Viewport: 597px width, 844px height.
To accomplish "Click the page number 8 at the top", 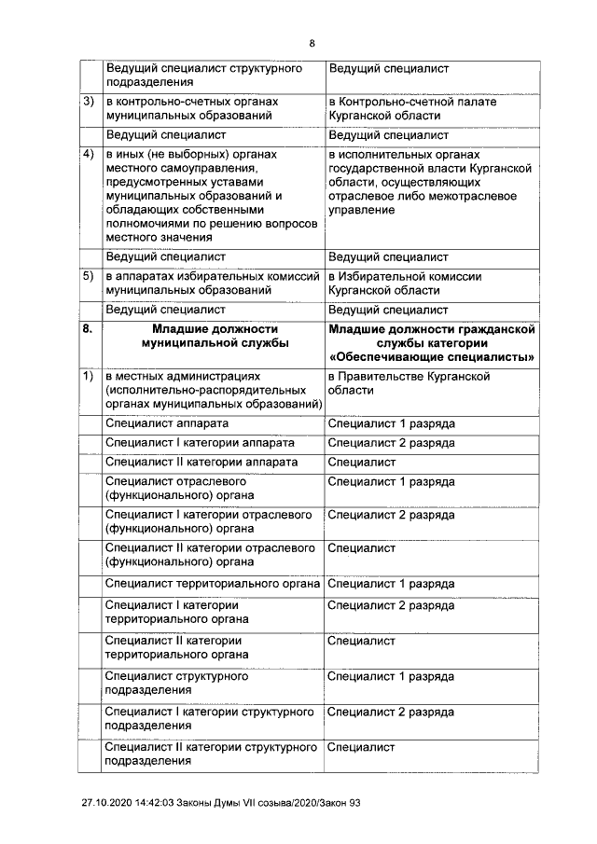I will coord(312,42).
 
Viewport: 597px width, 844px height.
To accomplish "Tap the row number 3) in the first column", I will coord(89,101).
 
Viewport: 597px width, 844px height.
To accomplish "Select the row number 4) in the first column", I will coord(89,154).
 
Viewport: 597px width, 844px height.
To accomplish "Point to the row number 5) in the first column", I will coord(89,277).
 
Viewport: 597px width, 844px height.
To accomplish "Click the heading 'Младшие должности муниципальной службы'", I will coord(210,336).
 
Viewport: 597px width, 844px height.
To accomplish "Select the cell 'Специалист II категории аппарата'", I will coord(201,462).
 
